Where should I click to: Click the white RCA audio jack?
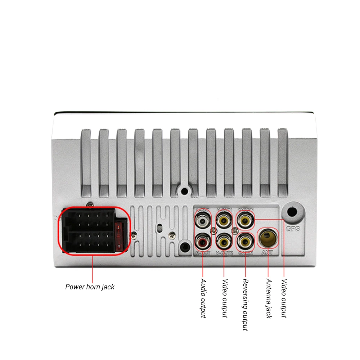point(203,219)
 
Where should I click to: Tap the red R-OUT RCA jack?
point(203,240)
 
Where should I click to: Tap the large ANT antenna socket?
point(268,238)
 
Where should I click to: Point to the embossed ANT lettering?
point(267,253)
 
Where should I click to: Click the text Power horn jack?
point(90,287)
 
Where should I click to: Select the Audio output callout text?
point(203,298)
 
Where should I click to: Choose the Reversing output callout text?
point(246,305)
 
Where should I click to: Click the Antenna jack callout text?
point(269,298)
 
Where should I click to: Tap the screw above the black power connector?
point(90,205)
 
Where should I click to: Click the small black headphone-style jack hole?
point(185,247)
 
